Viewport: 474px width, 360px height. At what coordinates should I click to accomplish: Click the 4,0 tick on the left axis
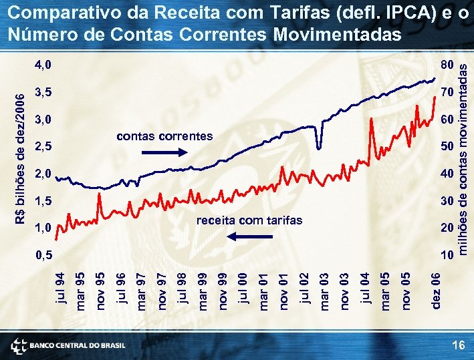tap(43, 65)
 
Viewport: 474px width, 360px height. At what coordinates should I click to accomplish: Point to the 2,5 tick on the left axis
tap(43, 146)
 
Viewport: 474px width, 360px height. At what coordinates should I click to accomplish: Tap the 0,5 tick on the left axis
tap(43, 254)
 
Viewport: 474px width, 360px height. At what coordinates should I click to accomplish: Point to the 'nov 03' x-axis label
tap(344, 287)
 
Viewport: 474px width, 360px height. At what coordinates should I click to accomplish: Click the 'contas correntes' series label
tap(164, 136)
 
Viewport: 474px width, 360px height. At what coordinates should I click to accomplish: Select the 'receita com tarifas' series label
tap(249, 220)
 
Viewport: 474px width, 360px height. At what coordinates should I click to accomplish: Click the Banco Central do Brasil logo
tap(68, 345)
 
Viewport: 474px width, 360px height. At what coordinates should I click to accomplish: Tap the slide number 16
tap(458, 345)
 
